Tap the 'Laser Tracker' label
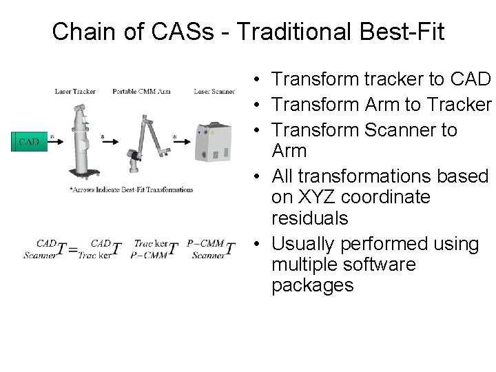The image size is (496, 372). click(75, 92)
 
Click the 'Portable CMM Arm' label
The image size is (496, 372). click(141, 92)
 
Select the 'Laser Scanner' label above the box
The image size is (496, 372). click(214, 92)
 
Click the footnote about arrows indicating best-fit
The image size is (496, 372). click(132, 190)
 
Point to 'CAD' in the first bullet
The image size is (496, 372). click(469, 79)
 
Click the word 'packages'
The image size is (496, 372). click(313, 285)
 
